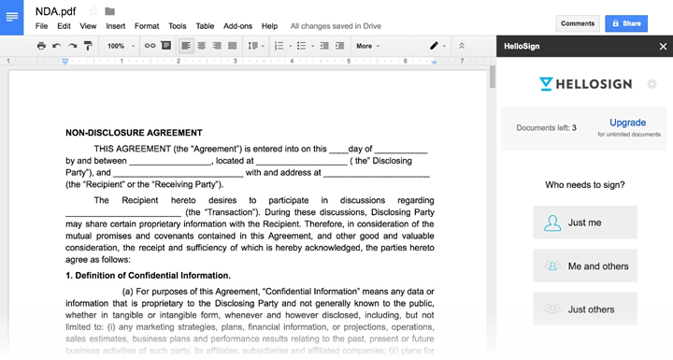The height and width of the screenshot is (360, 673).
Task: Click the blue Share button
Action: [x=625, y=23]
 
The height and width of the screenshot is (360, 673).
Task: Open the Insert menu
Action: [x=115, y=26]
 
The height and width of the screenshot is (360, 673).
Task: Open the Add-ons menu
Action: [x=237, y=26]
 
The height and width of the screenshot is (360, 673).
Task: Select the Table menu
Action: [x=205, y=26]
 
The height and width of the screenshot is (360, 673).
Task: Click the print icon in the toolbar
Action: [x=41, y=45]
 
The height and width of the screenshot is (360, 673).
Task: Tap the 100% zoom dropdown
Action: [x=119, y=45]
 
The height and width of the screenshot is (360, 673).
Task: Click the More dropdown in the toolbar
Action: [x=367, y=45]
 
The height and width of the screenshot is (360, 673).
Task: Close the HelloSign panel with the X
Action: [x=663, y=45]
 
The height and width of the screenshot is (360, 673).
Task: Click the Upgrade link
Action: [x=627, y=122]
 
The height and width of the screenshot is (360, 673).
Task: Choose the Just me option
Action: [x=585, y=223]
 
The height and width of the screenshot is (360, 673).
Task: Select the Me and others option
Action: [x=585, y=266]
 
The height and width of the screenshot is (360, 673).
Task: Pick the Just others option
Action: [x=585, y=309]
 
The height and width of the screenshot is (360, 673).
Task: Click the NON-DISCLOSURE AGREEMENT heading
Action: [x=134, y=133]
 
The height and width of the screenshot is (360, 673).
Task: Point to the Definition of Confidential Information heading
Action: [x=148, y=275]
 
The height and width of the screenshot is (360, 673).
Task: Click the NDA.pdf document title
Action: [x=57, y=10]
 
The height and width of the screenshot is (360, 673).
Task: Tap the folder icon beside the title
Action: [x=110, y=11]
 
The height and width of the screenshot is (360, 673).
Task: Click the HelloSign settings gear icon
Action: [x=652, y=84]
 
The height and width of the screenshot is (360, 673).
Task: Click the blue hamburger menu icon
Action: [x=12, y=17]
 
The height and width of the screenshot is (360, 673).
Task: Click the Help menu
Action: [x=269, y=26]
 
